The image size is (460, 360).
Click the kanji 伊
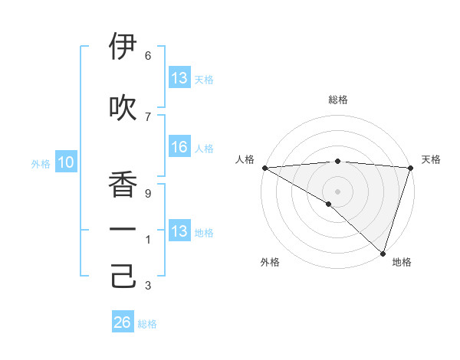(123, 47)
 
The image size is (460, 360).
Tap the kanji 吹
(123, 108)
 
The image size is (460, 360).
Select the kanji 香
(123, 185)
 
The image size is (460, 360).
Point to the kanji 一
(123, 229)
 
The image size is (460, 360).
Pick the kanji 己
(123, 277)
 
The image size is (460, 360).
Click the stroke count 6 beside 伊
(148, 56)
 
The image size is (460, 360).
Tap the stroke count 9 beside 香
(148, 194)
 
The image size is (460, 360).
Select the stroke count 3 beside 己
(148, 286)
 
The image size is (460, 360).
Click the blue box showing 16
(179, 147)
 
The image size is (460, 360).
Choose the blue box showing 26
(123, 322)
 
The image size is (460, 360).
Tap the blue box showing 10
(65, 162)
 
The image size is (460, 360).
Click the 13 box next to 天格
(179, 78)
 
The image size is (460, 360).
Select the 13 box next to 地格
(179, 231)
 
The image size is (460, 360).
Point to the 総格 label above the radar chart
(337, 100)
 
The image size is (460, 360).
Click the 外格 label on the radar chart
(270, 262)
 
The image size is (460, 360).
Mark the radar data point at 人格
(264, 168)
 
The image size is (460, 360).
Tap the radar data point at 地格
(383, 254)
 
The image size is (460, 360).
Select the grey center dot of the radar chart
(337, 191)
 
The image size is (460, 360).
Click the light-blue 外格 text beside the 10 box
(41, 163)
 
